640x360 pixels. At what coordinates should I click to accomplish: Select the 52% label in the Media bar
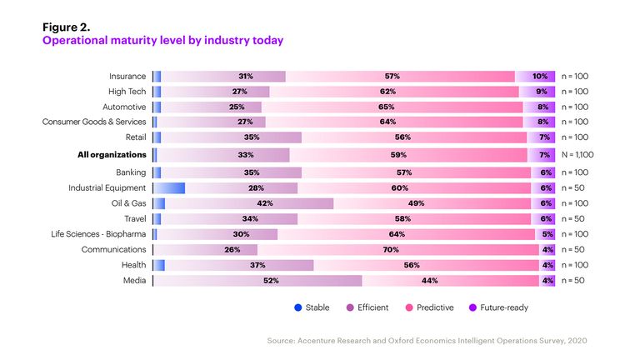tap(271, 281)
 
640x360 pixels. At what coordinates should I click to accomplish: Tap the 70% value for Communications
tap(390, 249)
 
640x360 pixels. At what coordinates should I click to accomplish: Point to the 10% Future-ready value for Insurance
tap(540, 76)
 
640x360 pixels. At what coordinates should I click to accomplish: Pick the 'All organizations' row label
tap(112, 154)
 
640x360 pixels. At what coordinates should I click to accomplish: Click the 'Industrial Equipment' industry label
tap(107, 188)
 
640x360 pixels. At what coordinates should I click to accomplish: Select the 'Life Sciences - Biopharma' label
tap(99, 234)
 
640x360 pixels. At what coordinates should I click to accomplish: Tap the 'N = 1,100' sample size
tap(577, 154)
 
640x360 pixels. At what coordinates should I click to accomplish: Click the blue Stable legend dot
tap(298, 307)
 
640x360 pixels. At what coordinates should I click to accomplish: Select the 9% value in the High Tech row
tap(542, 92)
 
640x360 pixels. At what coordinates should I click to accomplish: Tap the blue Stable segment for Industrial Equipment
tap(170, 188)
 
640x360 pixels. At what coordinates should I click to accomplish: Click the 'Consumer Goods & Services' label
tap(94, 122)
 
